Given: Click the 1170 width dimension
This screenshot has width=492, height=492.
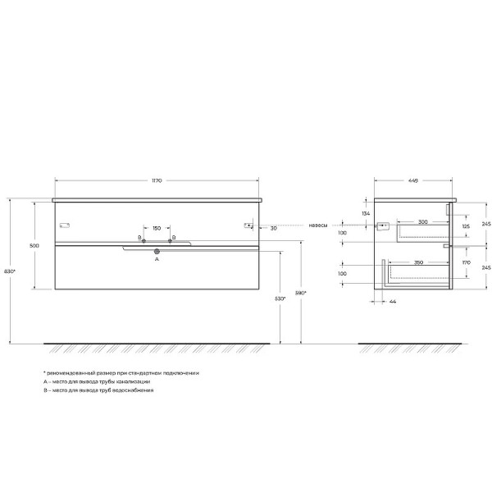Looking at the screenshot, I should point(156,175).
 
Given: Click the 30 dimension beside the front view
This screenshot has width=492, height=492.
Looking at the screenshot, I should point(273,228).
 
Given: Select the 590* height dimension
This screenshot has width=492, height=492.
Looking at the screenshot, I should point(301,293).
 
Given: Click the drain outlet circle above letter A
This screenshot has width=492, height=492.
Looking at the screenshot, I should point(156,253).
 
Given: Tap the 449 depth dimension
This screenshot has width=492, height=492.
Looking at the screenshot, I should point(413,175).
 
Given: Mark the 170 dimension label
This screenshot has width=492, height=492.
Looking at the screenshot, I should point(464,263).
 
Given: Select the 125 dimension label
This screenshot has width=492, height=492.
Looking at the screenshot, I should point(464,226).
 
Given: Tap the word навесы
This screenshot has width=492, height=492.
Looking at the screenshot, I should point(319,225).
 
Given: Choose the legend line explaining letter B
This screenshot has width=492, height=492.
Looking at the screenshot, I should point(98,391).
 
